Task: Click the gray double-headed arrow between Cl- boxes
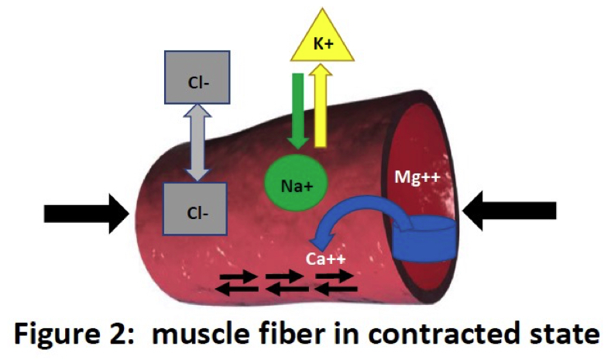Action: tap(197, 145)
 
